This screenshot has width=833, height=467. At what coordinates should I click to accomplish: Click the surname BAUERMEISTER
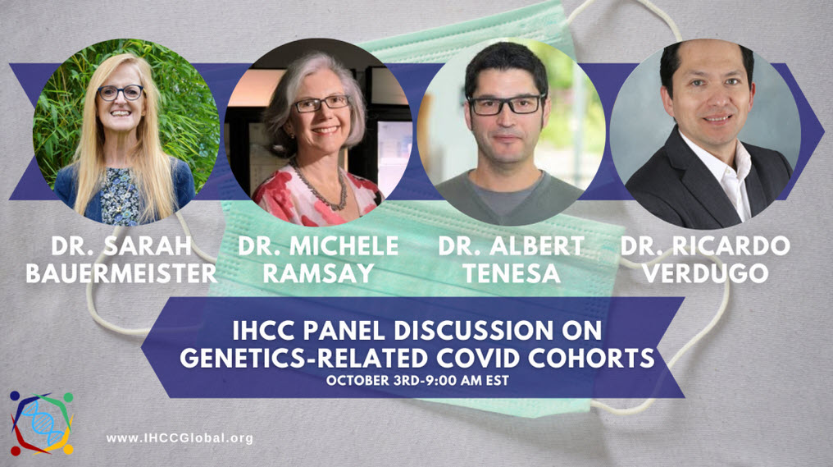click(121, 273)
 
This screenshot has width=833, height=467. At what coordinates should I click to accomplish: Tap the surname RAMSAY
click(318, 273)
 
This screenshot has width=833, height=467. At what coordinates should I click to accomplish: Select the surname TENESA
click(512, 273)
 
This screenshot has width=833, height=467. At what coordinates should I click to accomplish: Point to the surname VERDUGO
click(705, 273)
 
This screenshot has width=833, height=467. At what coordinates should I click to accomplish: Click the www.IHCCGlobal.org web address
click(180, 438)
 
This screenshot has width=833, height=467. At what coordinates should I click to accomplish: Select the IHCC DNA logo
click(41, 422)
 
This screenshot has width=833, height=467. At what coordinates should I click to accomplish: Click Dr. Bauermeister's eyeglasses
click(121, 93)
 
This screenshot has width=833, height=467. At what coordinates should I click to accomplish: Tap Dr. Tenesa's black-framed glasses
click(505, 105)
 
